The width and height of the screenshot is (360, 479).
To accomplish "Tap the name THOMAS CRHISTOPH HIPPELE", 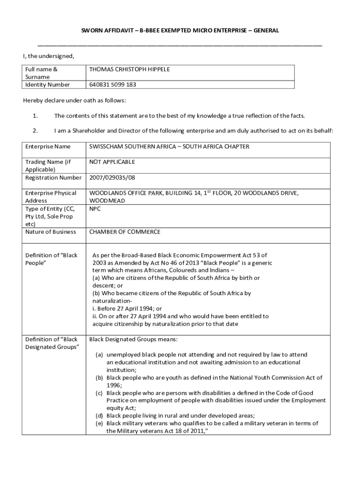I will (x=130, y=69).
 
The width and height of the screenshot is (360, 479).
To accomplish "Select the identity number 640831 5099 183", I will (x=113, y=85).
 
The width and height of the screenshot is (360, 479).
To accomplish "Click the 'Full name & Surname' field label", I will (x=41, y=73).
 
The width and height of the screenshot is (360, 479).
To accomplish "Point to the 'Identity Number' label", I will (x=47, y=85).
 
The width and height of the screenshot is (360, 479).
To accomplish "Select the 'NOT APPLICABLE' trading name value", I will (x=112, y=162).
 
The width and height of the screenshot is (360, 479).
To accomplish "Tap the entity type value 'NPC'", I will (x=95, y=209).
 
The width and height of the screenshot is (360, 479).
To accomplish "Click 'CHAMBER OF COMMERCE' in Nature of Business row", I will (x=124, y=232).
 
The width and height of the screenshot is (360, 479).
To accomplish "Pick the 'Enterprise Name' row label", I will (x=48, y=147).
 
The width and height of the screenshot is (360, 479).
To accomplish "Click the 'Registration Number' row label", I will (x=53, y=178).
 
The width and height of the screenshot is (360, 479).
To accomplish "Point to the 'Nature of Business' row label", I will (x=50, y=232).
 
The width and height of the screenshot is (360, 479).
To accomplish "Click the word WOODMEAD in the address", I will (x=107, y=201).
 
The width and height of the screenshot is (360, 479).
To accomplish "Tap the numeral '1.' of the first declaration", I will (x=35, y=116).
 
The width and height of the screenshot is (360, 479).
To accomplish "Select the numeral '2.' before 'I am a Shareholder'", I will (x=35, y=131).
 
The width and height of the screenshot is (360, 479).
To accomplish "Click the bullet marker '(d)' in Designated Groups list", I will (x=99, y=416).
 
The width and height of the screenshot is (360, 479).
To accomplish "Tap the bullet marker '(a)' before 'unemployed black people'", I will (x=99, y=355).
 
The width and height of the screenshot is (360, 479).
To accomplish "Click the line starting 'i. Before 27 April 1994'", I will (x=127, y=309).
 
